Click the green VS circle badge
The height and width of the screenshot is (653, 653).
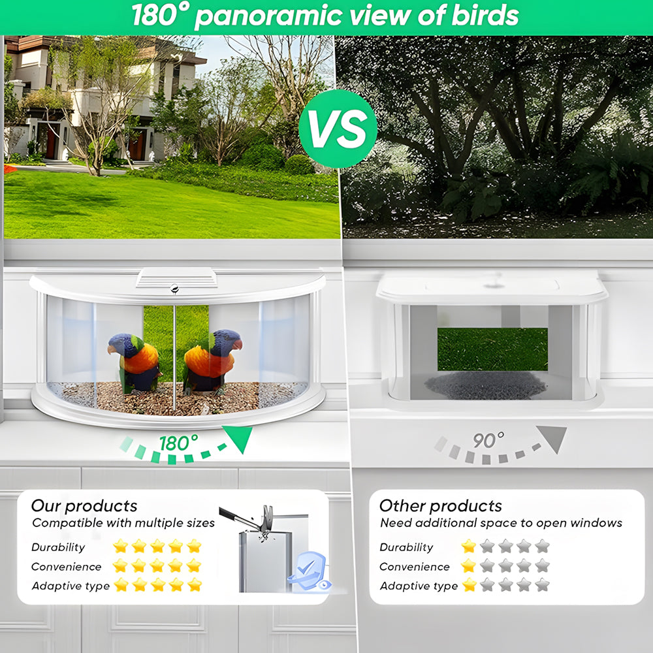[x=338, y=129]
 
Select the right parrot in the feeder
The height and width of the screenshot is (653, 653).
[x=212, y=362]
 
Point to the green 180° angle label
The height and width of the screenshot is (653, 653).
[x=179, y=443]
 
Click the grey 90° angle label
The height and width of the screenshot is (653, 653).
[x=488, y=440]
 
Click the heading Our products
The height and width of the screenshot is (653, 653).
[x=84, y=505]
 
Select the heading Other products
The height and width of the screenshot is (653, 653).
[x=441, y=505]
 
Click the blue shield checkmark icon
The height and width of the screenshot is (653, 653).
[x=309, y=571]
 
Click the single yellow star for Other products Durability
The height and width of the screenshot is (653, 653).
[x=468, y=546]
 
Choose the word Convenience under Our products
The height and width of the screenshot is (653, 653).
[x=66, y=566]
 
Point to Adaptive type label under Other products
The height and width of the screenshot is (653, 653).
[x=419, y=586]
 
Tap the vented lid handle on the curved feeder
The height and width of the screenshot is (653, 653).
[x=176, y=278]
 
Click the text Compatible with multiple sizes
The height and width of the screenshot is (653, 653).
[x=123, y=522]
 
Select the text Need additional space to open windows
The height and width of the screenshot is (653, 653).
[x=501, y=522]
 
